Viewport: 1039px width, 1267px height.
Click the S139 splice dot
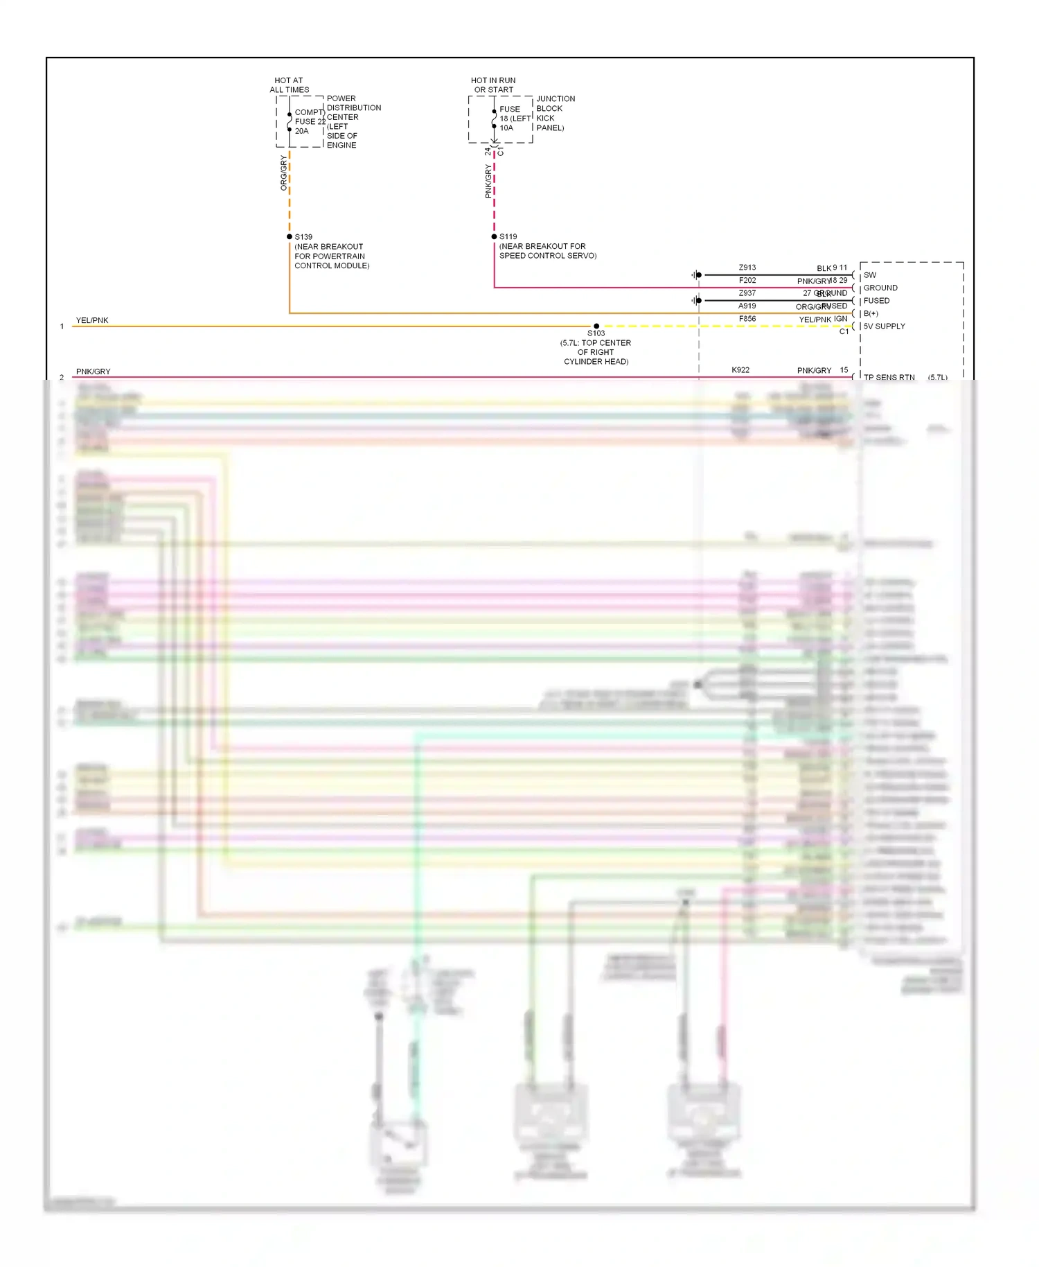point(290,237)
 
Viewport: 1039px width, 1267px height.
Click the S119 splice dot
point(494,237)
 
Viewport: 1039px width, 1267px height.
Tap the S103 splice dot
point(596,326)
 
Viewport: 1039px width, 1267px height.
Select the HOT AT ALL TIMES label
point(289,85)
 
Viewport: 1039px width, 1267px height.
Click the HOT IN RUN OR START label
point(493,85)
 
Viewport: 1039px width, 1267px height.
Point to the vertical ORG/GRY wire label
point(283,173)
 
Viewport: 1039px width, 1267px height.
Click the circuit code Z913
point(747,268)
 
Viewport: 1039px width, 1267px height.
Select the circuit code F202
point(747,280)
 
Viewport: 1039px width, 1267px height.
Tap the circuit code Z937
point(747,293)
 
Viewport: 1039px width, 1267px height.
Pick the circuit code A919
point(747,306)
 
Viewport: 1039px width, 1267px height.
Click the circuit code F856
point(747,319)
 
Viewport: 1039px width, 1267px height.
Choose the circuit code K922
point(740,370)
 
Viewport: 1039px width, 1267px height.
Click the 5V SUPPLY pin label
point(884,326)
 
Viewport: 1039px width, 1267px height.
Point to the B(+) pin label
point(871,313)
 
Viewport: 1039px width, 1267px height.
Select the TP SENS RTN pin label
point(889,377)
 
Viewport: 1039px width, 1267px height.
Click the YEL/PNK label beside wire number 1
point(92,320)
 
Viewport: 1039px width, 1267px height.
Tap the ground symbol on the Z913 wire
point(695,275)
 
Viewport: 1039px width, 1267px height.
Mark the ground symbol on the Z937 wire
point(695,301)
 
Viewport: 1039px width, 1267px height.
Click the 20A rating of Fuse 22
point(301,131)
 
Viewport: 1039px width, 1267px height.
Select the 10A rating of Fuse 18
point(506,128)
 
